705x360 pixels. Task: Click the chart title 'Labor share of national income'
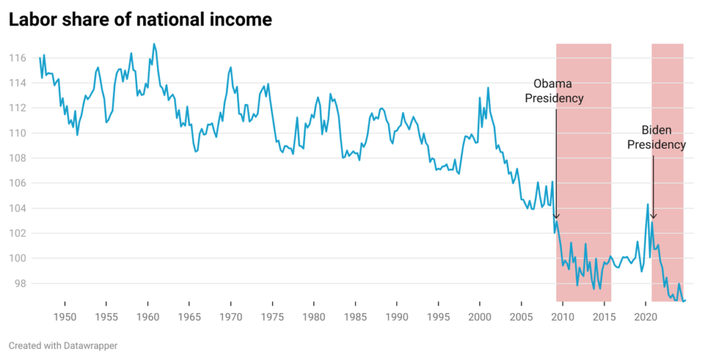140,20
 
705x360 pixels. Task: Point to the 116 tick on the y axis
17,58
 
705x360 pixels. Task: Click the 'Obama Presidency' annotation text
554,91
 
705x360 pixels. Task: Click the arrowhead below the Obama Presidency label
556,216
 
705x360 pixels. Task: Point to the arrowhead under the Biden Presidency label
653,216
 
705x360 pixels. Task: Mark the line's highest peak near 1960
154,44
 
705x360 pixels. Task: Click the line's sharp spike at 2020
648,204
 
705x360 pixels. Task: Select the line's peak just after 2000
488,88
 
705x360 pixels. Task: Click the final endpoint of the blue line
685,300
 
